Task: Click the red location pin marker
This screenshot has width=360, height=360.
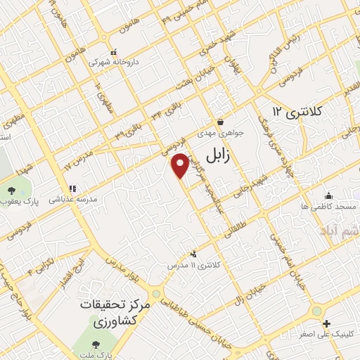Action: point(181,165)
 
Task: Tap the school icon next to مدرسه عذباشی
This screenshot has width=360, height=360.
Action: point(72,188)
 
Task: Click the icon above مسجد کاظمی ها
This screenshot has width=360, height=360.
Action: point(328,196)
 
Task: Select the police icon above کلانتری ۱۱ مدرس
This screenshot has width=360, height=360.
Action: point(193,253)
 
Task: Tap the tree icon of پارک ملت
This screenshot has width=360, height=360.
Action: point(96,344)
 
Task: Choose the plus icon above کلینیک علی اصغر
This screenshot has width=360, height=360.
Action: point(326,323)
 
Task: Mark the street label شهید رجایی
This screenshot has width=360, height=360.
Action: point(254,181)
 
